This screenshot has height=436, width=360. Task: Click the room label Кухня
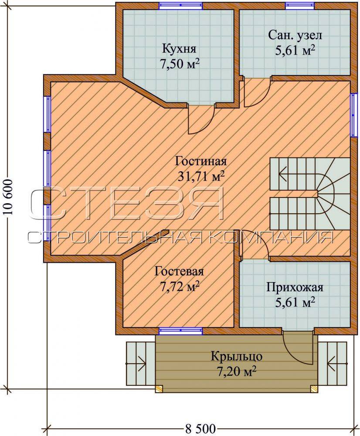tap(179, 49)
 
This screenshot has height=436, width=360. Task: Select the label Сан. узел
tap(295, 36)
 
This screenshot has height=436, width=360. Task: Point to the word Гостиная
tap(201, 161)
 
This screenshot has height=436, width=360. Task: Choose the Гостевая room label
tap(179, 271)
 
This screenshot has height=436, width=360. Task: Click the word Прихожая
tap(295, 287)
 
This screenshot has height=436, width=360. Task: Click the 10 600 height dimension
tap(8, 197)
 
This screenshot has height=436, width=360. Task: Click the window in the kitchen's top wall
tap(181, 6)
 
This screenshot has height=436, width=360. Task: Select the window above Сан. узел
tap(300, 6)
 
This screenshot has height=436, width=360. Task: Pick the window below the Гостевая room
tap(181, 331)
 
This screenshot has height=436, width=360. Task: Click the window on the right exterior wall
tap(353, 115)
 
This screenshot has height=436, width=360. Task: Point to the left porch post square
tap(159, 388)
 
